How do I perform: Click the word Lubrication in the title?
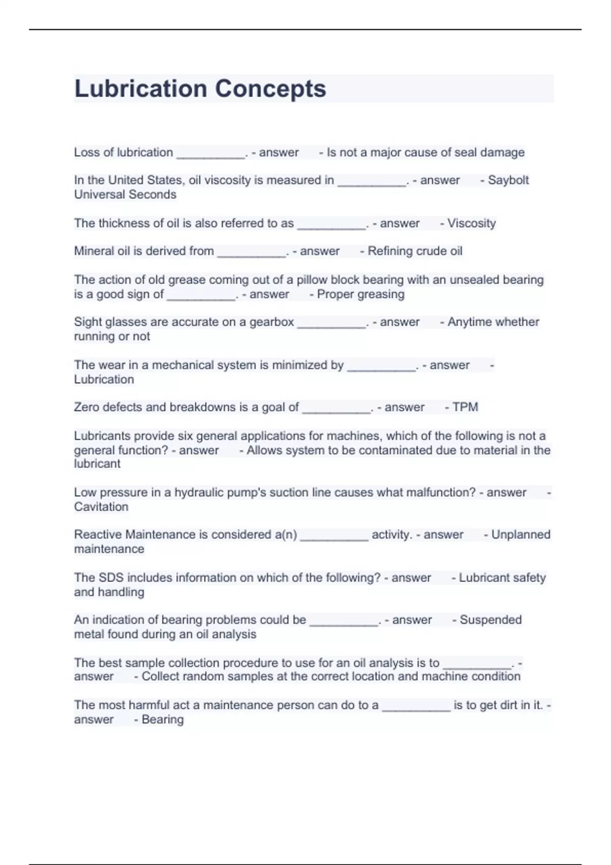click(140, 89)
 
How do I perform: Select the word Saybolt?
click(508, 180)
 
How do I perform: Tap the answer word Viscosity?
click(471, 223)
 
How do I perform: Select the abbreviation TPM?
click(465, 407)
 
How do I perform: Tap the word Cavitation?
click(101, 507)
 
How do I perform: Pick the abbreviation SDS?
click(111, 578)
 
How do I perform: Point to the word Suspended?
click(491, 620)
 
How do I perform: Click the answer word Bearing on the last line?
click(162, 719)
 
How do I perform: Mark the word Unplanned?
click(521, 535)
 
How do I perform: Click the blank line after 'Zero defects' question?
click(337, 410)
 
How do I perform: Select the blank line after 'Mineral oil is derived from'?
click(252, 254)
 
